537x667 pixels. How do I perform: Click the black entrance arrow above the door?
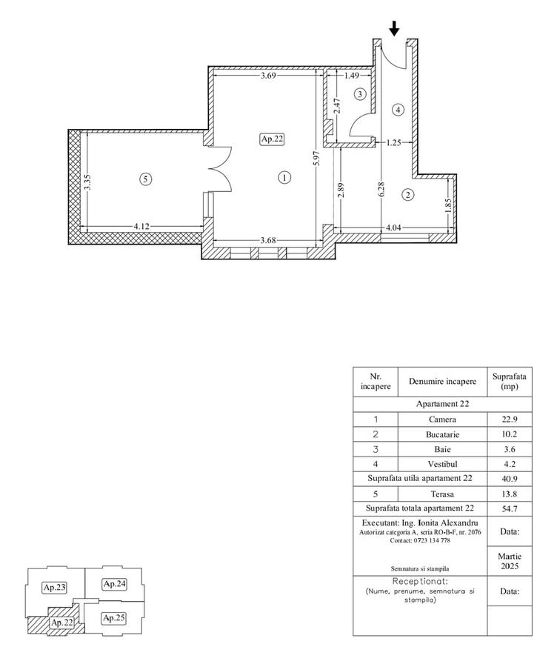[394, 28]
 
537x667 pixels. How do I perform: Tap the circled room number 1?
[284, 177]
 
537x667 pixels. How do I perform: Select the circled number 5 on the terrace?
[147, 179]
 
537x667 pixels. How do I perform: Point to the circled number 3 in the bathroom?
[360, 94]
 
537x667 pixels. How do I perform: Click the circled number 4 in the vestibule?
[398, 110]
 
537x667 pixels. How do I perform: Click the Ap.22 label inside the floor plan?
[272, 139]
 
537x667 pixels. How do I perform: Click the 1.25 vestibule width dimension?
[393, 143]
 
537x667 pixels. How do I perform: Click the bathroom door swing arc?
[361, 127]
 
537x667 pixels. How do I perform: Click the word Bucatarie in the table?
[442, 434]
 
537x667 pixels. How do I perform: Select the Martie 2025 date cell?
[510, 560]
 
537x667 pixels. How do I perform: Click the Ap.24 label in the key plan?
[114, 584]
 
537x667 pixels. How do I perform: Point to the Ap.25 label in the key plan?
[113, 617]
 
